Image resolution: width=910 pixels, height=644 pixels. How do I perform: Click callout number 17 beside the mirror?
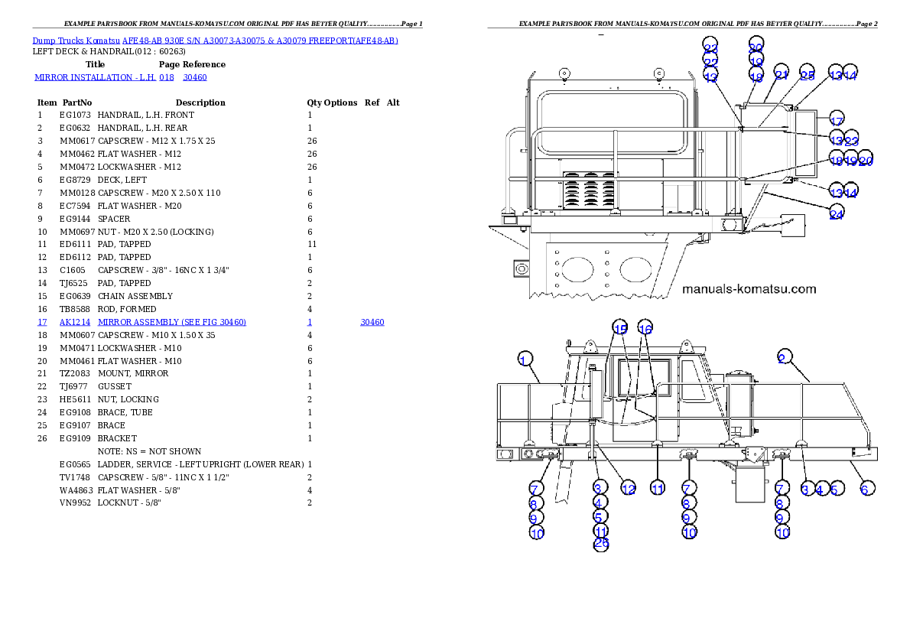tap(836, 121)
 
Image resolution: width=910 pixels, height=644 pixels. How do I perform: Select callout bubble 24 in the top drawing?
tap(836, 215)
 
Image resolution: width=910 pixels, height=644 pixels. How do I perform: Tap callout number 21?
tap(781, 75)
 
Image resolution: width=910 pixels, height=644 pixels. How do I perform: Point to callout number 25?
tap(807, 75)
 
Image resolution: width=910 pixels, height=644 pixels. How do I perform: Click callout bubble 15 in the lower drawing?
tap(620, 329)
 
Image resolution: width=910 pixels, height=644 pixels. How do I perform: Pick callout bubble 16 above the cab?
tap(645, 329)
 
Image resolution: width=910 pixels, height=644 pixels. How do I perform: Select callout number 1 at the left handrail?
tap(525, 359)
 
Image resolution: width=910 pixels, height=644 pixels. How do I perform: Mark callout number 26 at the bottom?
tap(601, 544)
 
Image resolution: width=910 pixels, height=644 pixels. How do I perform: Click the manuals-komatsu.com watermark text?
tap(749, 289)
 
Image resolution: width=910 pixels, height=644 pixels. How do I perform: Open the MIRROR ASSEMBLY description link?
tap(172, 323)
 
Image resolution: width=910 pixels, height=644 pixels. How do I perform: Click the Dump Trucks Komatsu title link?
tap(215, 40)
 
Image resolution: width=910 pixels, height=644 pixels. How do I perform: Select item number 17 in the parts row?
tap(42, 323)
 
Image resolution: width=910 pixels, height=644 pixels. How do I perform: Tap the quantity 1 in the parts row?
tap(309, 323)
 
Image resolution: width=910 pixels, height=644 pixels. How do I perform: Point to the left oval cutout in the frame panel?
tap(577, 269)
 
